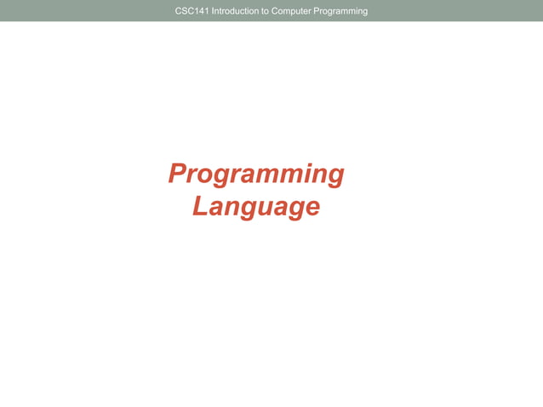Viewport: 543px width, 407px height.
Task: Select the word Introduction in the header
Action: [240, 11]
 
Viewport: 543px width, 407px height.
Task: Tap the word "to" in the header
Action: [271, 11]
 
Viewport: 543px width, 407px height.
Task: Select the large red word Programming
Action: [256, 175]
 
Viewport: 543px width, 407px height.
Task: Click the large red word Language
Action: [256, 207]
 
